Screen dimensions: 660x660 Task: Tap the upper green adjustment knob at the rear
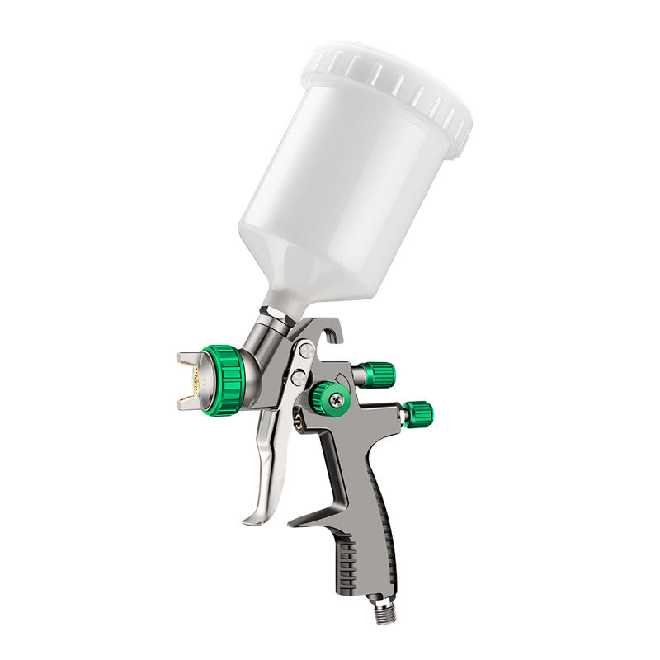377,375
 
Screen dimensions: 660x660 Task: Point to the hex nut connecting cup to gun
272,318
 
